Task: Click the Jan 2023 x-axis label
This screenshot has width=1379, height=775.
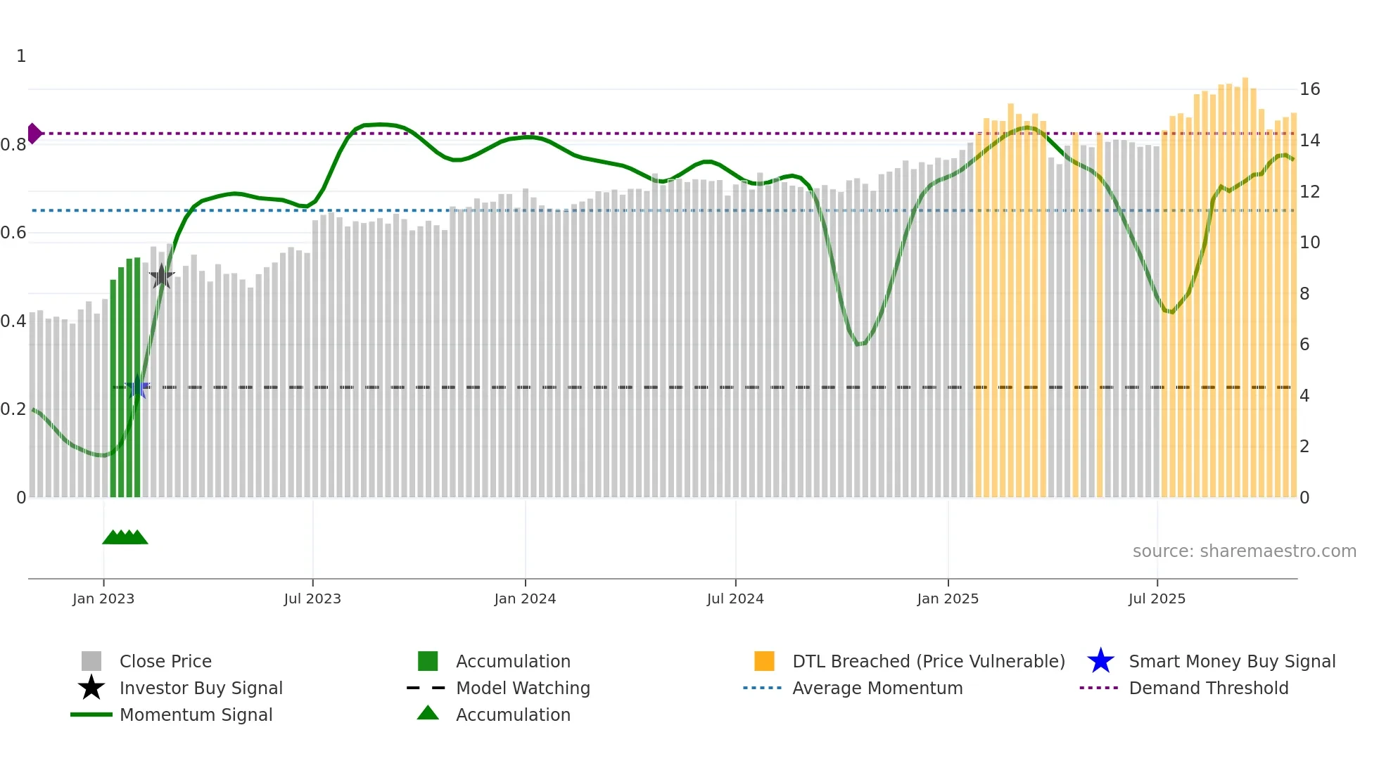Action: (x=103, y=598)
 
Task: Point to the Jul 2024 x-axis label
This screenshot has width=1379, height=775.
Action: (x=735, y=598)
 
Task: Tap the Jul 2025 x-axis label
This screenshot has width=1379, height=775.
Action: (x=1157, y=598)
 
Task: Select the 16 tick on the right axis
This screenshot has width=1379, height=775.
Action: (x=1309, y=89)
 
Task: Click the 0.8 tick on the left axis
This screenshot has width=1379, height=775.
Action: (x=13, y=145)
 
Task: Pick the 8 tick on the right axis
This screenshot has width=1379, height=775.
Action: (x=1304, y=294)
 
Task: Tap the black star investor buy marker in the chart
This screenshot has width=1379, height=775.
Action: (x=162, y=276)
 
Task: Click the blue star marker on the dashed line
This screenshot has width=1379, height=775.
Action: (x=138, y=387)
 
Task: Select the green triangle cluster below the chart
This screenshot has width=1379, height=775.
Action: (x=125, y=537)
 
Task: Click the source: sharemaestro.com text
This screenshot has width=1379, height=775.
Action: (x=1244, y=551)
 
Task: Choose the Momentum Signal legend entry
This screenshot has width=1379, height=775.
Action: (x=196, y=715)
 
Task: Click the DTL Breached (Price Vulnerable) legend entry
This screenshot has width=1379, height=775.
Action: (x=928, y=661)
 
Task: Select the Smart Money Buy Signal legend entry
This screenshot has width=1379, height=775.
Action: (x=1231, y=661)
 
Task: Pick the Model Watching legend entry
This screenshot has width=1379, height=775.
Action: (x=523, y=688)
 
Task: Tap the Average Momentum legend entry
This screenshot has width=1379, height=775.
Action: (x=877, y=688)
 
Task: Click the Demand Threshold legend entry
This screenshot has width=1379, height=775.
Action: (x=1208, y=688)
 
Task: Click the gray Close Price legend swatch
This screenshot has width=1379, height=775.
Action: (x=91, y=661)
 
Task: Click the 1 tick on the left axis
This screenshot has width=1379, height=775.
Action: (x=21, y=56)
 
